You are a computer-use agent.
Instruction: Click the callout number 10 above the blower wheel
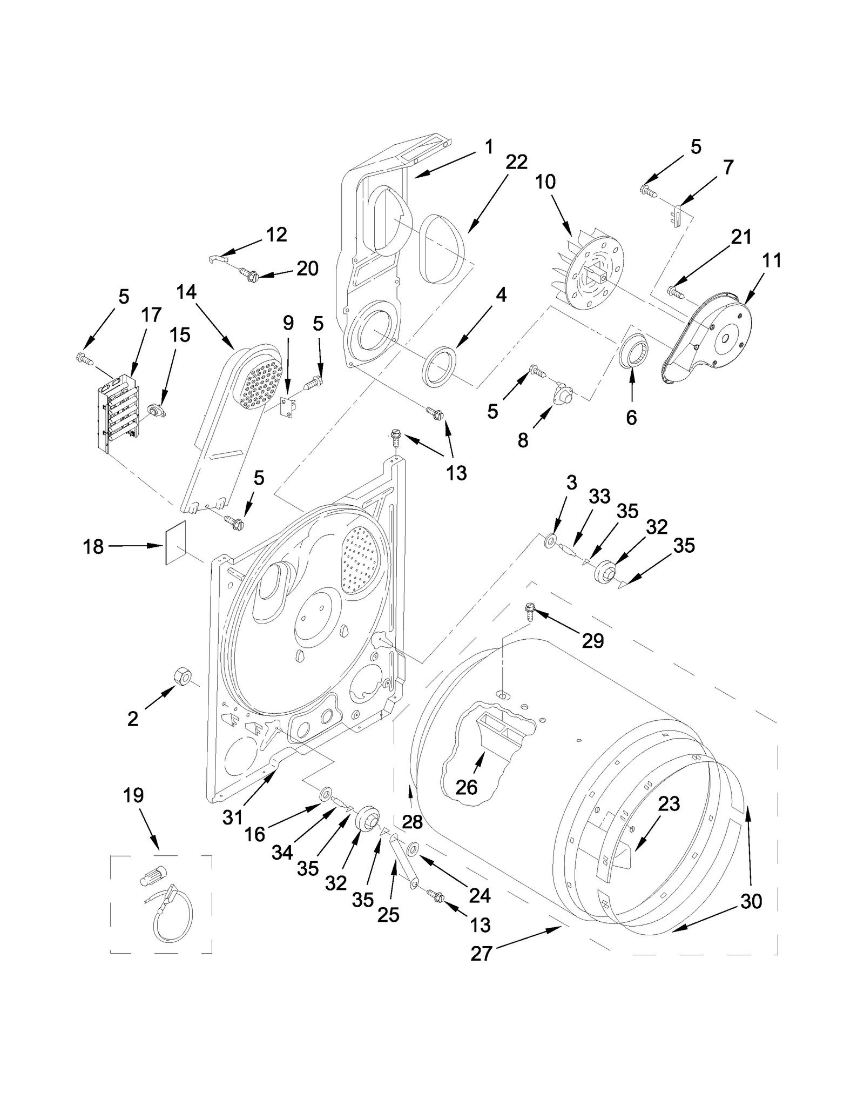tap(545, 182)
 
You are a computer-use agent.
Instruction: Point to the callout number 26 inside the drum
tap(466, 787)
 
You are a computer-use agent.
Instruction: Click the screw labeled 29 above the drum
tap(529, 613)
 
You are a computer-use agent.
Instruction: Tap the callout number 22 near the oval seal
tap(516, 162)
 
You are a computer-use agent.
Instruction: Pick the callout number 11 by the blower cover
tap(772, 260)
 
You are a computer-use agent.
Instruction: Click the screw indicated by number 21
tap(675, 292)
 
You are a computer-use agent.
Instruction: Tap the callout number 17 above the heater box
tap(151, 314)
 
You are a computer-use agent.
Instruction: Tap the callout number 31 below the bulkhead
tap(233, 818)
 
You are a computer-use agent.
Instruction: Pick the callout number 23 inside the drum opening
tap(669, 804)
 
